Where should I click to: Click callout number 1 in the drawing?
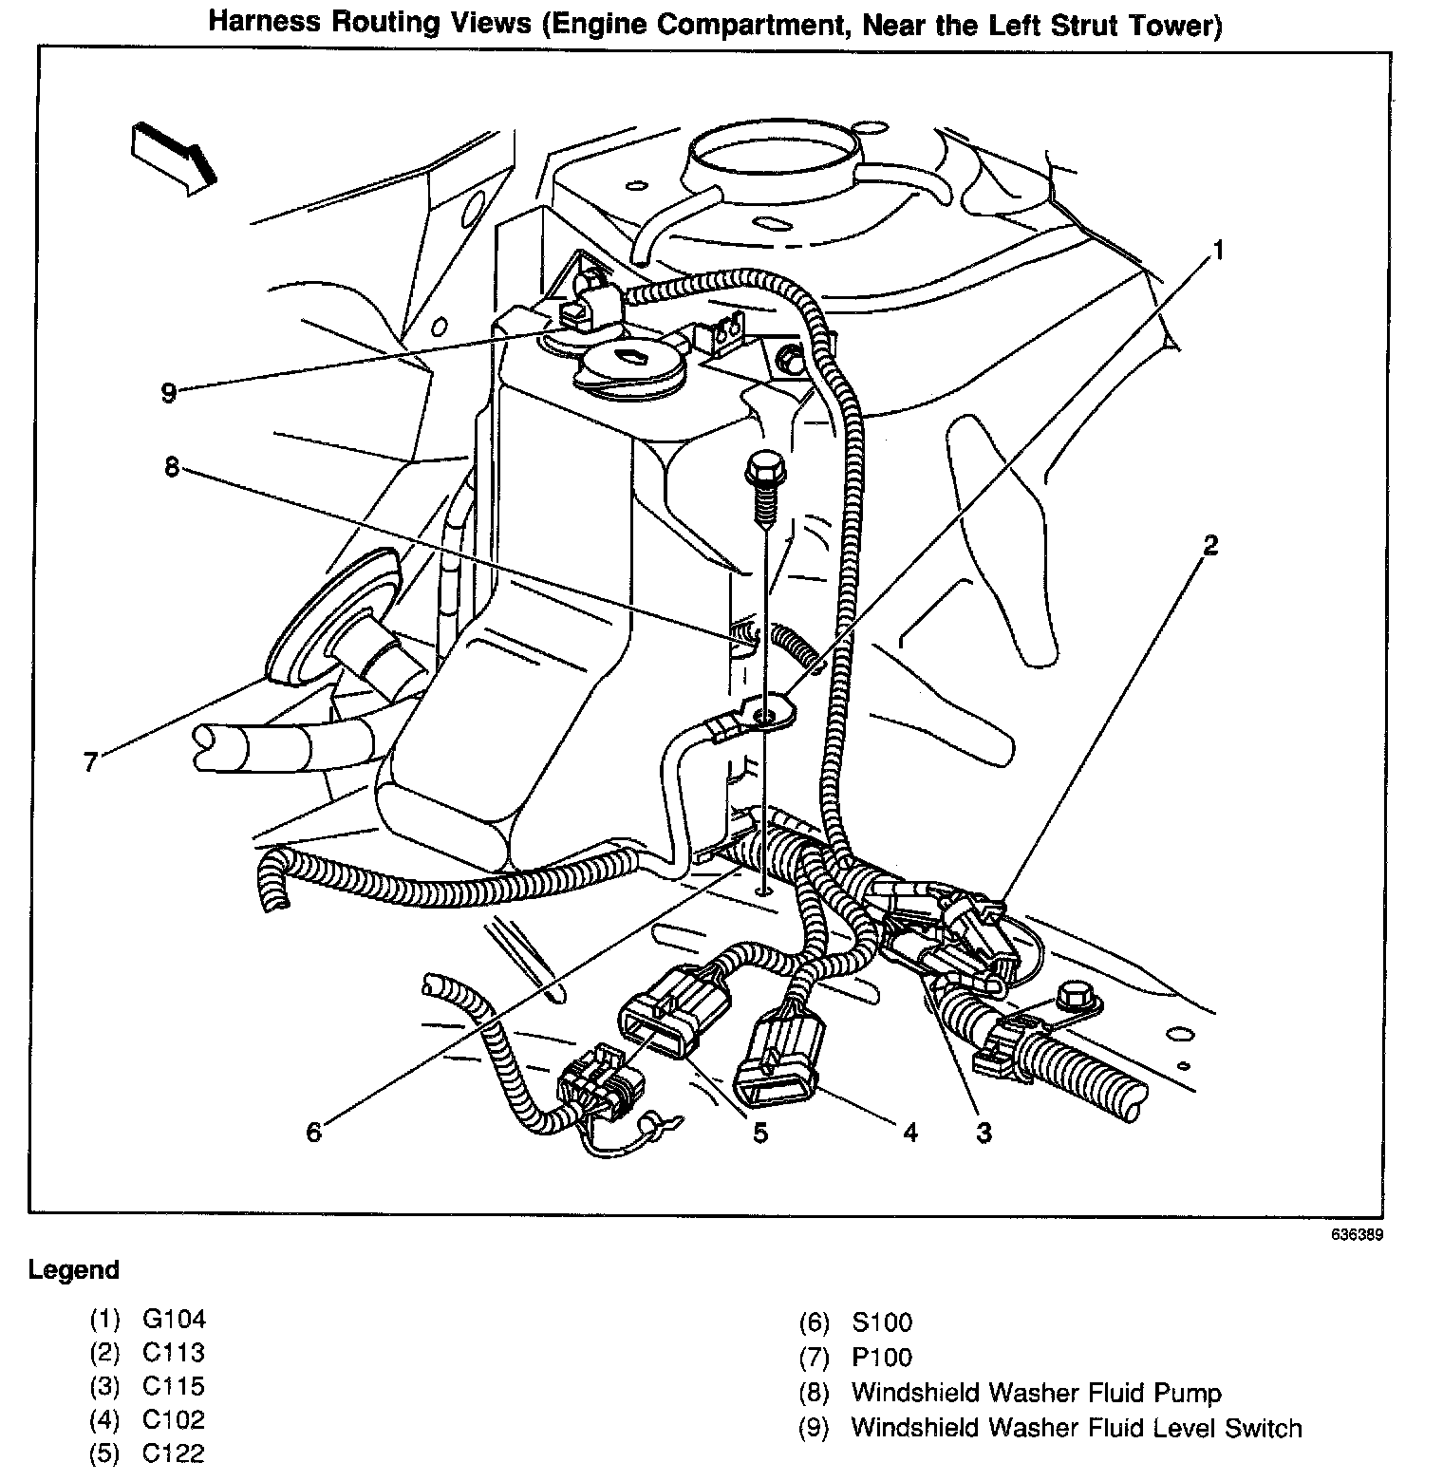point(1216,251)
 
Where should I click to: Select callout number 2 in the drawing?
point(1209,545)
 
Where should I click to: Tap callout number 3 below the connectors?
point(984,1132)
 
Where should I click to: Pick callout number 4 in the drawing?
point(909,1132)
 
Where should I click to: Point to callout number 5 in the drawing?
point(759,1132)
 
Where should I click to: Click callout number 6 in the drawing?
point(313,1132)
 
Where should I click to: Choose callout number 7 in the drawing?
point(91,761)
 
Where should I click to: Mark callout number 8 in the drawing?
point(172,467)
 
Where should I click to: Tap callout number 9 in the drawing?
point(169,392)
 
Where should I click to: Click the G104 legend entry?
point(174,1319)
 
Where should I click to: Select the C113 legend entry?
point(174,1352)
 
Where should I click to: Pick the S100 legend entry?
point(882,1322)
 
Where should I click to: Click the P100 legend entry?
point(882,1358)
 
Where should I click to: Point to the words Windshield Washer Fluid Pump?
point(1036,1393)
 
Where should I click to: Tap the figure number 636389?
point(1357,1236)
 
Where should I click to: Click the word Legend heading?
point(74,1270)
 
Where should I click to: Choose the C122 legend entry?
point(174,1453)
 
